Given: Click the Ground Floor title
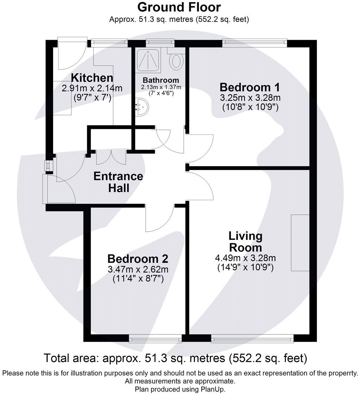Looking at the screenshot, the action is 179,7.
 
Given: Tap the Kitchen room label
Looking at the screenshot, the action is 92,78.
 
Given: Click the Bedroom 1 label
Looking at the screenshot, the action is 250,87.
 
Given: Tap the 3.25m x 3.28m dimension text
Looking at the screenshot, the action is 250,98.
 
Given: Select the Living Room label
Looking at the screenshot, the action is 246,242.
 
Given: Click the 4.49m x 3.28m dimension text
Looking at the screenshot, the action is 246,258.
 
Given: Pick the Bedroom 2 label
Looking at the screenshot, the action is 138,259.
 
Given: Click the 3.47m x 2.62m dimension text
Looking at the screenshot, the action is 138,269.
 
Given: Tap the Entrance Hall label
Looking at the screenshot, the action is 118,182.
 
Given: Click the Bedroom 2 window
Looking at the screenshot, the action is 155,339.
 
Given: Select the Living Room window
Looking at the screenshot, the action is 253,339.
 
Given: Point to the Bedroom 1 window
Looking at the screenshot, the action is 255,43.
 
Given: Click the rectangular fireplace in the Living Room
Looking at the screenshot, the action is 300,243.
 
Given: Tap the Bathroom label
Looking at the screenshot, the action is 161,80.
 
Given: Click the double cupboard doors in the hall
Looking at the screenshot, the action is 111,157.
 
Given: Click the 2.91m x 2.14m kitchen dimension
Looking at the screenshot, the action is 92,88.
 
